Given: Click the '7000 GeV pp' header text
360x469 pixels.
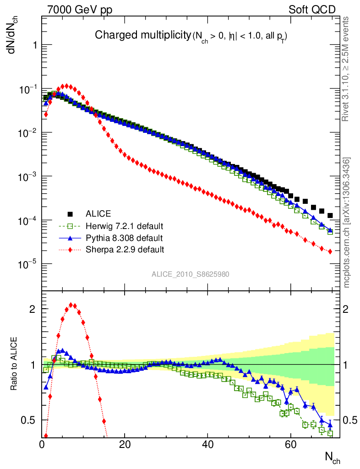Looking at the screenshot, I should click(80, 10).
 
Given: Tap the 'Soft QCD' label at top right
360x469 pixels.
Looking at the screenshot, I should click(312, 10).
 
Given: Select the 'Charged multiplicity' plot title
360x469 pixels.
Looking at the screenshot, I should click(142, 35).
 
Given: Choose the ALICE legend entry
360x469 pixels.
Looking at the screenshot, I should click(97, 214).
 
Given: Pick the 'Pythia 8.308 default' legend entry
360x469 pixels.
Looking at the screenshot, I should click(124, 238).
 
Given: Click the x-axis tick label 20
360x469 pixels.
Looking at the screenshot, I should click(125, 444).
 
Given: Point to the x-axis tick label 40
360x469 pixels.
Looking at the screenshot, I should click(207, 444).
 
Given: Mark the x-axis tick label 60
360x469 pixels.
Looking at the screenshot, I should click(290, 444).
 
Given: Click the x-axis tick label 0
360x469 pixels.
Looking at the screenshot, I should click(42, 444).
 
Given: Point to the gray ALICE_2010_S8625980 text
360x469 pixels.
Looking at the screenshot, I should click(191, 274).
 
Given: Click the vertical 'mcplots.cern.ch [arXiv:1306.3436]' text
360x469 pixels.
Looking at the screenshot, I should click(347, 223).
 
